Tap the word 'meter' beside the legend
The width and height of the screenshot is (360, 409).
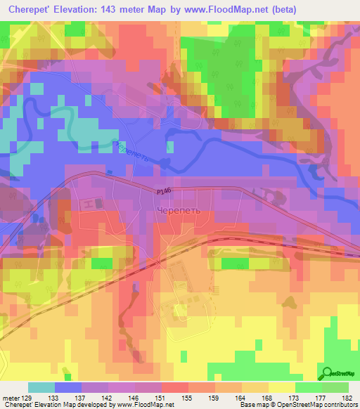pyautogui.click(x=10, y=398)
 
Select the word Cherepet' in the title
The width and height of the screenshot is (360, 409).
pyautogui.click(x=32, y=9)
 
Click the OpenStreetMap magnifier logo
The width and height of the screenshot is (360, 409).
pyautogui.click(x=327, y=373)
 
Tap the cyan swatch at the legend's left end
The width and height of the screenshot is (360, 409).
pyautogui.click(x=41, y=388)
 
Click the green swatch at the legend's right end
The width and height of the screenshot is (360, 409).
pyautogui.click(x=335, y=388)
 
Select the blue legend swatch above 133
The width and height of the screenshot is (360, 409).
pyautogui.click(x=67, y=388)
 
